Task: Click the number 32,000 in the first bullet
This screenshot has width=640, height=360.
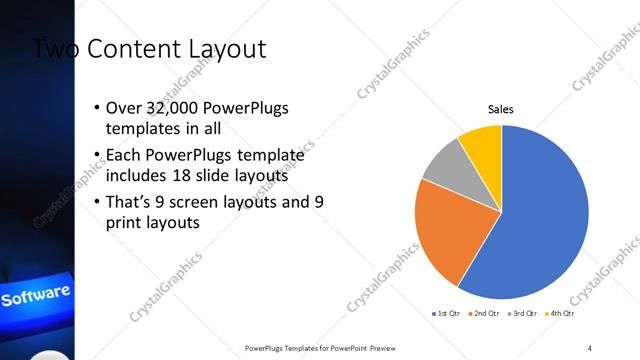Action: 174,108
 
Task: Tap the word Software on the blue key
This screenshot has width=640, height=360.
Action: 36,297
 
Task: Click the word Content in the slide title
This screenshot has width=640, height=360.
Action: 135,48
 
